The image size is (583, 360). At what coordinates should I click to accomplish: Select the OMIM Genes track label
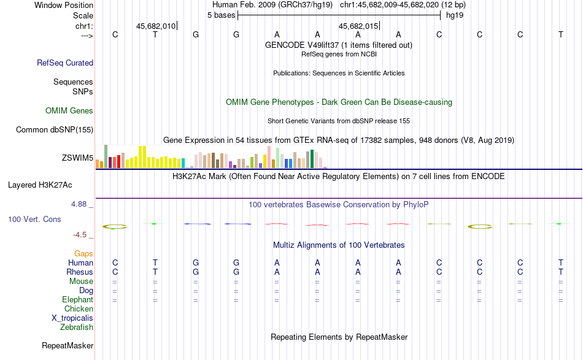(69, 111)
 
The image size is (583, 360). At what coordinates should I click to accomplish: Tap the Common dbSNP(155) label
(55, 129)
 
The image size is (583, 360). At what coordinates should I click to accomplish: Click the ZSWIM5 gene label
(77, 158)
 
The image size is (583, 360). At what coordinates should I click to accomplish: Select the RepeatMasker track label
(68, 346)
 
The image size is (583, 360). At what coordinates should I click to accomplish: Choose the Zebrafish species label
(77, 327)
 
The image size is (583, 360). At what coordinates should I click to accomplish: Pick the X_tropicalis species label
(72, 318)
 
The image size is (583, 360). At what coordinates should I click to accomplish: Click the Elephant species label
(77, 300)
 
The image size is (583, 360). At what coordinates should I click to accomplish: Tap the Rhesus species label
(80, 272)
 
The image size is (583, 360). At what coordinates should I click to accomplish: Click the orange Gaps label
(83, 253)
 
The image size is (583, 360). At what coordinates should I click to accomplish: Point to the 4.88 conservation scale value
(82, 204)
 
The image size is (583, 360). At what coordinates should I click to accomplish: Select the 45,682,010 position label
(156, 26)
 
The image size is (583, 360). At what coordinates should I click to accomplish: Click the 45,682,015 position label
(358, 26)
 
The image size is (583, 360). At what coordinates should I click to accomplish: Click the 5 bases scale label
(221, 15)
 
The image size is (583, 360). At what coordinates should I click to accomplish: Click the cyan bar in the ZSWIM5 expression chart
(183, 163)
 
